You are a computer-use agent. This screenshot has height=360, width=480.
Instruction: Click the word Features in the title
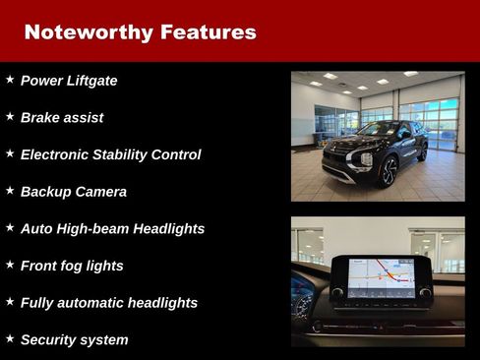tap(205, 31)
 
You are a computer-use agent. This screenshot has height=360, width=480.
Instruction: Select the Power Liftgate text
tap(69, 81)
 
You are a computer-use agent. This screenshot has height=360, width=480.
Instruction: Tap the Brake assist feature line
tap(62, 118)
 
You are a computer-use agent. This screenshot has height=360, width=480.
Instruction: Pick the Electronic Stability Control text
tap(110, 154)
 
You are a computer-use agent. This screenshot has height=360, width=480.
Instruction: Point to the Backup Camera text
tap(74, 192)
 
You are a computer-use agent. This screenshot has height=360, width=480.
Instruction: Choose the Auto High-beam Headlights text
tap(112, 228)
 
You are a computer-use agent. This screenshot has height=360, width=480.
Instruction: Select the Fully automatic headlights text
tap(109, 303)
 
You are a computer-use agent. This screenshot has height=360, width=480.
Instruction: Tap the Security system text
tap(74, 340)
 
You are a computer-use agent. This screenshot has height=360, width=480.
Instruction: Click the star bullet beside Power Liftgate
tap(10, 79)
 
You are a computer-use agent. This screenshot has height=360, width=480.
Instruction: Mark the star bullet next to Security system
tap(10, 338)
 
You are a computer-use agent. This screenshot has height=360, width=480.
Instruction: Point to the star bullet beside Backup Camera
tap(10, 190)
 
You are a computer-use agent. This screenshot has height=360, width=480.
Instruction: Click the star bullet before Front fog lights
tap(10, 264)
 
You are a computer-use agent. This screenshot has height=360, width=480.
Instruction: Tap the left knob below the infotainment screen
tap(337, 292)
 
